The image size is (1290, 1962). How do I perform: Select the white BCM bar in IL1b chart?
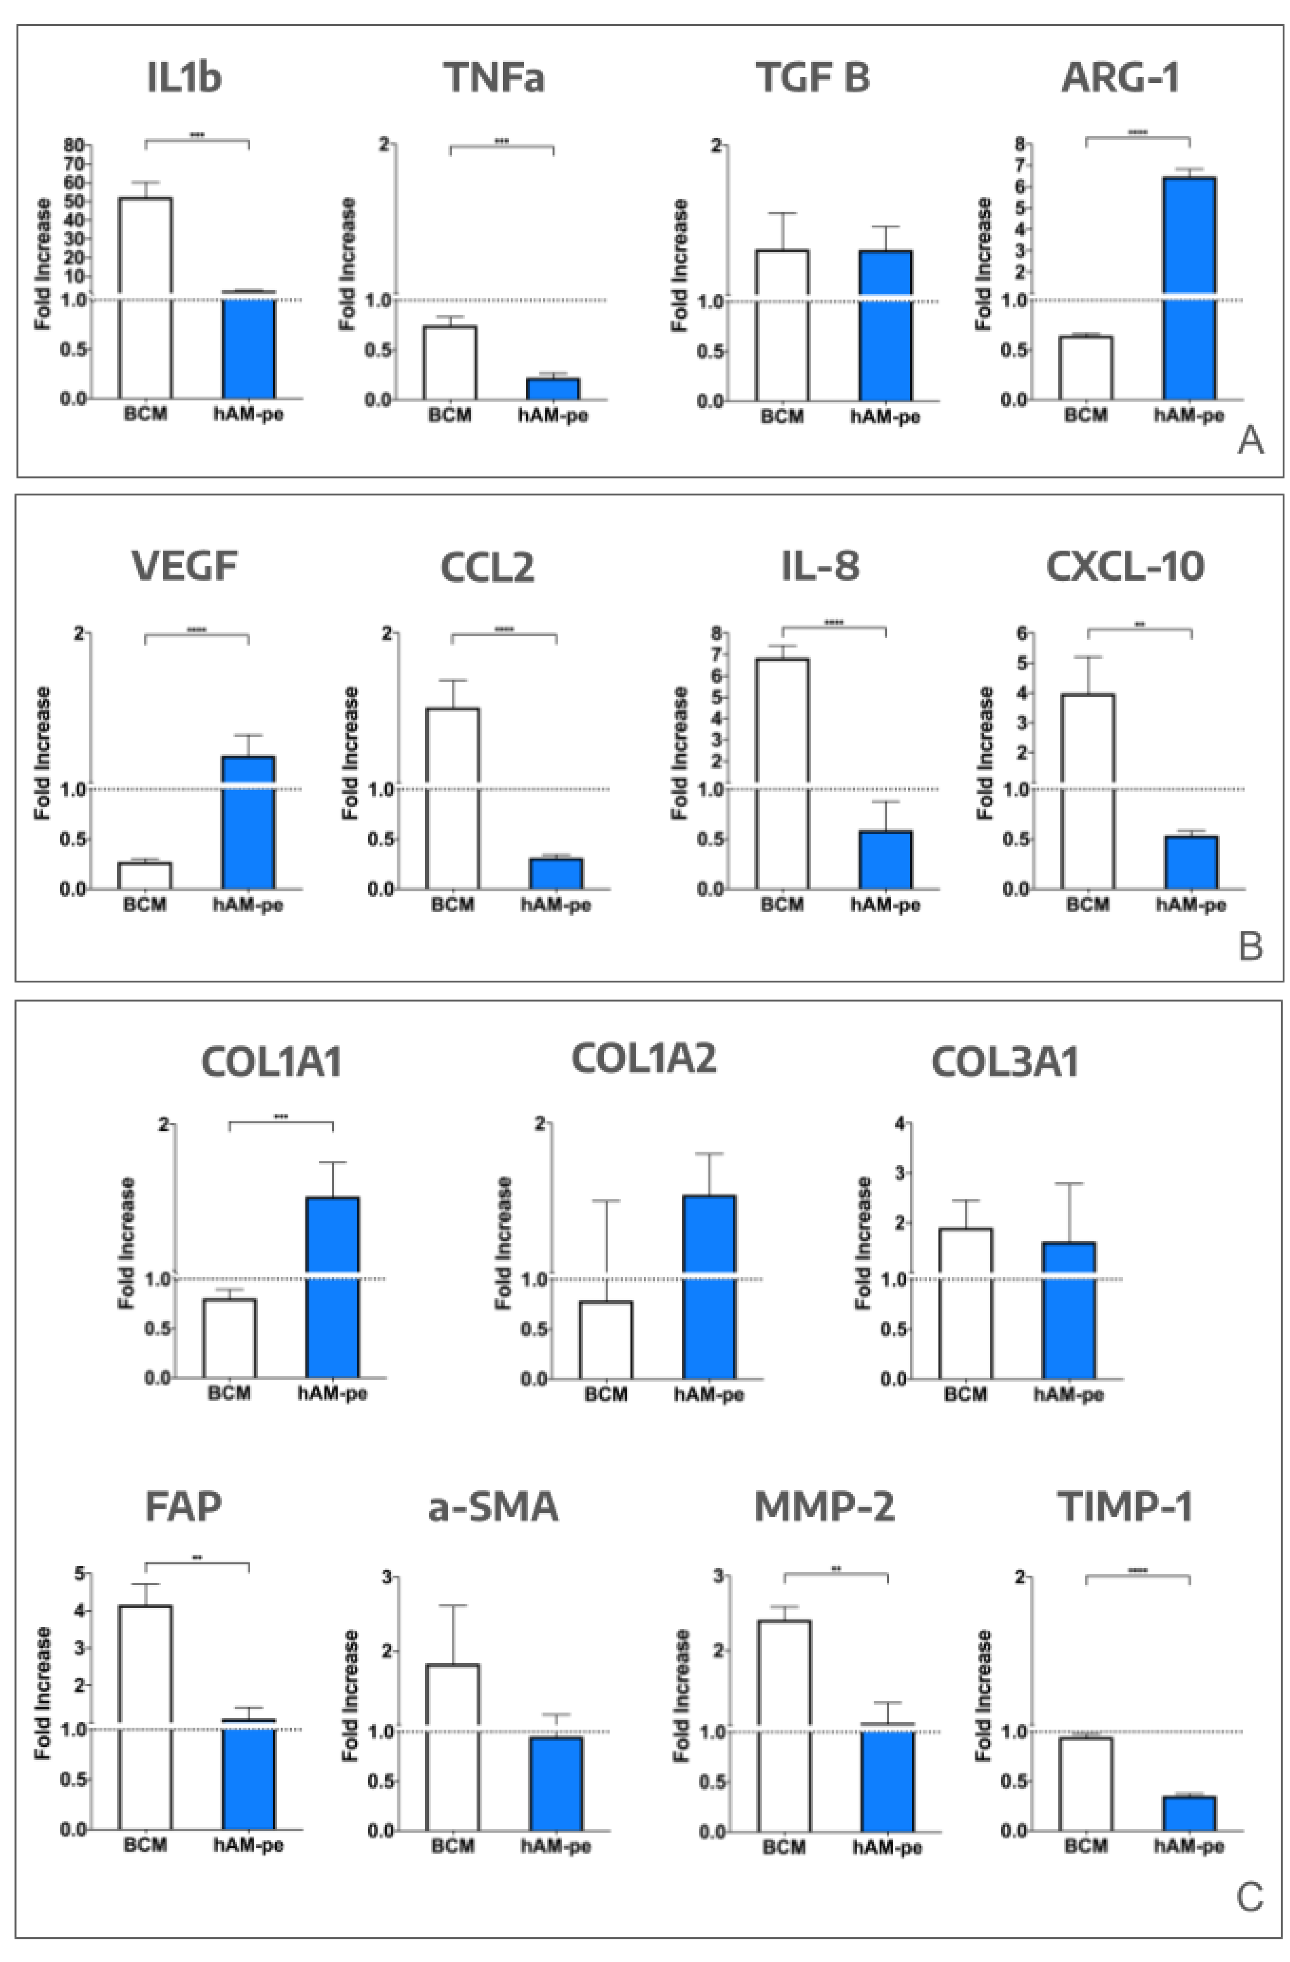tap(145, 297)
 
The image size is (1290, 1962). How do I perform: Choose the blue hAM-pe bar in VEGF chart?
tap(248, 822)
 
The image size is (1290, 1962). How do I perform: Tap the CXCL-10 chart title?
tap(1124, 566)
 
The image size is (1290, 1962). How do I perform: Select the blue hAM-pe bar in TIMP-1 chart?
tap(1189, 1814)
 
